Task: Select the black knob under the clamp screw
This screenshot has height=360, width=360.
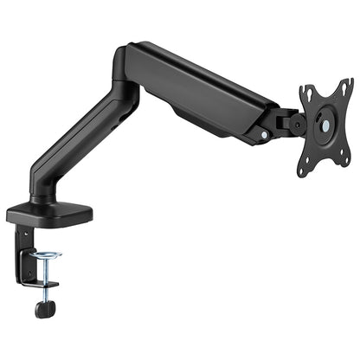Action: coord(41,308)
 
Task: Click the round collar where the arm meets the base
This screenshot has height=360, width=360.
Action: coord(41,202)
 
